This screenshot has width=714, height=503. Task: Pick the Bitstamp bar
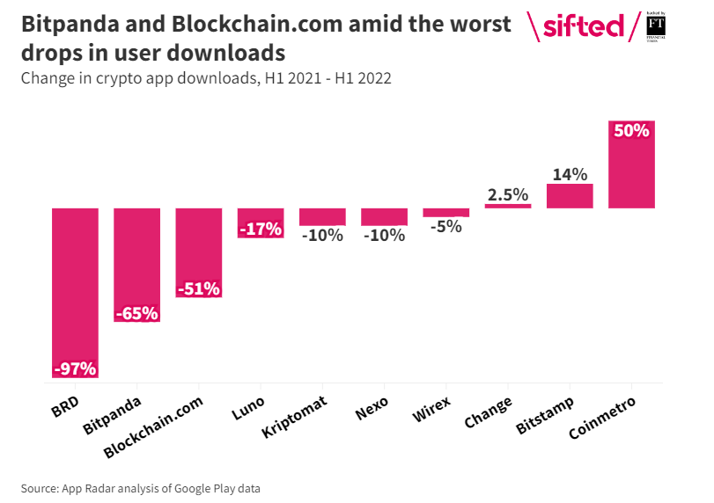(x=570, y=196)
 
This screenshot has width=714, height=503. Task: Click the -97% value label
(x=75, y=368)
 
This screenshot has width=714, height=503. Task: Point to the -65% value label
(x=136, y=313)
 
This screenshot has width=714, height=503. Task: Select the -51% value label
(x=198, y=288)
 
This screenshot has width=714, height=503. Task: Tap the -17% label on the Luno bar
(x=261, y=230)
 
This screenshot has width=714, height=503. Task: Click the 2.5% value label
(x=508, y=194)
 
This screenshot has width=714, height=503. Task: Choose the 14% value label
(x=570, y=174)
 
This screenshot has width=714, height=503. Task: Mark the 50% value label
(x=631, y=131)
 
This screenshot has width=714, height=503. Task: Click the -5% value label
(x=446, y=227)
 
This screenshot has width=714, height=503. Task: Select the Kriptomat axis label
(x=296, y=416)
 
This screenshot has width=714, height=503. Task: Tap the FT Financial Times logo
(x=655, y=26)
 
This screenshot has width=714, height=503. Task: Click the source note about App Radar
(x=141, y=488)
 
